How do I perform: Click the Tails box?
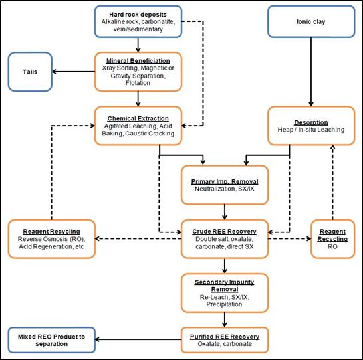30,72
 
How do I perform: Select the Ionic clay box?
311,21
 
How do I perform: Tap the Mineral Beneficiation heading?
138,61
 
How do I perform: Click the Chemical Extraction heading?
138,118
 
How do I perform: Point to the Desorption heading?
311,122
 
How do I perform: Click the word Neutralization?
215,189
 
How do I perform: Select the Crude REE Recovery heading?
225,232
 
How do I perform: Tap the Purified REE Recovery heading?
225,337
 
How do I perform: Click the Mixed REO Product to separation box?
52,340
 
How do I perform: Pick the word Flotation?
138,83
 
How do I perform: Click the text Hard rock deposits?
138,15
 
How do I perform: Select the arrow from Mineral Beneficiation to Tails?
74,72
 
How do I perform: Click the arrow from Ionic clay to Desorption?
311,72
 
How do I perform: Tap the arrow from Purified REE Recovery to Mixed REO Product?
138,339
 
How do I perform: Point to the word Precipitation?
224,304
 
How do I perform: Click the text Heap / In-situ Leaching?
311,130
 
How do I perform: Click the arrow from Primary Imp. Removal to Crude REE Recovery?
225,212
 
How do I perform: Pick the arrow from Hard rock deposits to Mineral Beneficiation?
138,45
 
